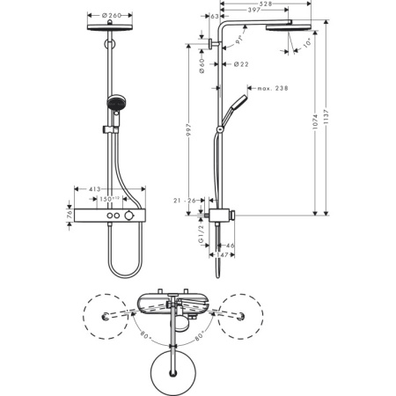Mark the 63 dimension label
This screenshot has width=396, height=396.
[214, 16]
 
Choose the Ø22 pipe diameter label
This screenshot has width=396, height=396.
[240, 63]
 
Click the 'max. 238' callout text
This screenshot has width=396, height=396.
[271, 88]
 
